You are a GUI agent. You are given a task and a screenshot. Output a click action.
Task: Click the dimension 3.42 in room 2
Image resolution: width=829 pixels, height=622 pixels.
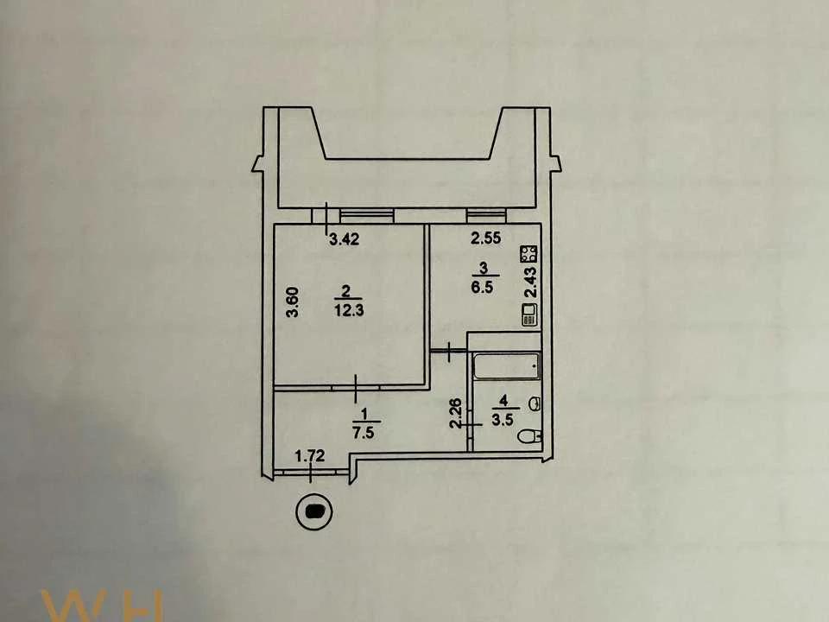(345, 239)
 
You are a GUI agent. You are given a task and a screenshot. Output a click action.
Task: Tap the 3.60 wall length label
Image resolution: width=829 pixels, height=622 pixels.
(293, 302)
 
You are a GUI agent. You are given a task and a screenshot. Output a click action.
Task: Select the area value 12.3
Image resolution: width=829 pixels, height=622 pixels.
(349, 310)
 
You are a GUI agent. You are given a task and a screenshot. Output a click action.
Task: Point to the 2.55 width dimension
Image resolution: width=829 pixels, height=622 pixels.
(486, 238)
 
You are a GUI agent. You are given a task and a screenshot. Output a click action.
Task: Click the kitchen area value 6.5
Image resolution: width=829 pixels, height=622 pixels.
(483, 288)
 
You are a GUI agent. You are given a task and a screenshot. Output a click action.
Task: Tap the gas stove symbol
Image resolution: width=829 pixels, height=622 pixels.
(528, 254)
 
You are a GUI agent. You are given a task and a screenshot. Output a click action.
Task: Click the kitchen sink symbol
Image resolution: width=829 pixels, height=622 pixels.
(529, 314)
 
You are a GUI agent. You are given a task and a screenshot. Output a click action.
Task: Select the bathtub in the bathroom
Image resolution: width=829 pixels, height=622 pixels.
(507, 365)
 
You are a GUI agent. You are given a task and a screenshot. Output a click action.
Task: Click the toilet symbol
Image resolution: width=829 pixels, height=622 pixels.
(530, 436)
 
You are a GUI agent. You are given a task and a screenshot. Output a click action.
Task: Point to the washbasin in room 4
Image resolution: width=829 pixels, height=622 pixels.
(535, 403)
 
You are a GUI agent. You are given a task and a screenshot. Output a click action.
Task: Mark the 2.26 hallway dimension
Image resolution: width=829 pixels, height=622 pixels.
(456, 413)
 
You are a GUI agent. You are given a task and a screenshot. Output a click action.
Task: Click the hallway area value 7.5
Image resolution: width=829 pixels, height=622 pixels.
(364, 433)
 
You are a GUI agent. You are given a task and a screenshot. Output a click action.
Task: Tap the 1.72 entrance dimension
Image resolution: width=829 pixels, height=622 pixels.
(309, 455)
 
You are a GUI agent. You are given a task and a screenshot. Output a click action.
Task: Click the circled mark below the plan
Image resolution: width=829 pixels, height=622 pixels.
(314, 511)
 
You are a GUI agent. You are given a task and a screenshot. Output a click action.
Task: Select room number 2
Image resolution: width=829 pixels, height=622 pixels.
(345, 290)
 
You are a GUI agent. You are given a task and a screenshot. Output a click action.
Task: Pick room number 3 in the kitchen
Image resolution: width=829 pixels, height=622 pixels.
(484, 268)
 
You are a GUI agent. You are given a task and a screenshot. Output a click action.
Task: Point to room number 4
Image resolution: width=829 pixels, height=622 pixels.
(503, 400)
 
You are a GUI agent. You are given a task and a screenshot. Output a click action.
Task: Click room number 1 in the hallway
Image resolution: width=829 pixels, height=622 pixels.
(364, 412)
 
